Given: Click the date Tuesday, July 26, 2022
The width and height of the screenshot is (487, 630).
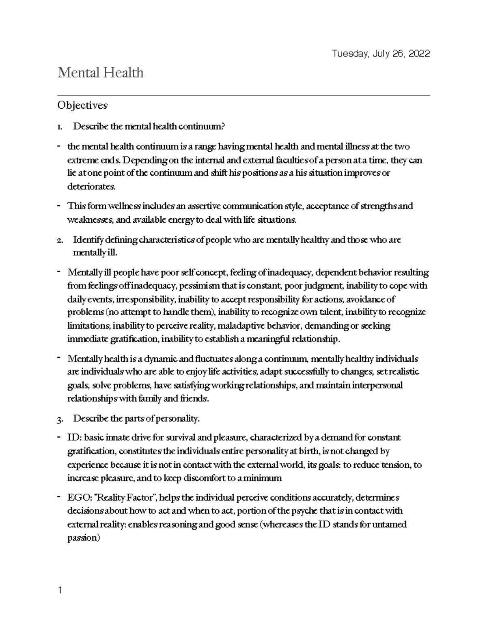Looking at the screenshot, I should (381, 54).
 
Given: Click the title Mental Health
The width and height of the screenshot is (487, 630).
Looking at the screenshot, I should (100, 73).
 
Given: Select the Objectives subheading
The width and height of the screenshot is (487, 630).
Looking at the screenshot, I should (82, 105).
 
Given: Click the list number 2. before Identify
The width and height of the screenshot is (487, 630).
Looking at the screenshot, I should (60, 240).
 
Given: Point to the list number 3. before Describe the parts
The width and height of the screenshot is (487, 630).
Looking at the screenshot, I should (60, 419).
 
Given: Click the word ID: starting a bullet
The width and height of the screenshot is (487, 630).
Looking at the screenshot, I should (74, 438).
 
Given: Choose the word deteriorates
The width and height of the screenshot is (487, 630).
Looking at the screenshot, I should (91, 187).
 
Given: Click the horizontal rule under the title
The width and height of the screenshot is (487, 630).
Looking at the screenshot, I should (243, 96).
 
